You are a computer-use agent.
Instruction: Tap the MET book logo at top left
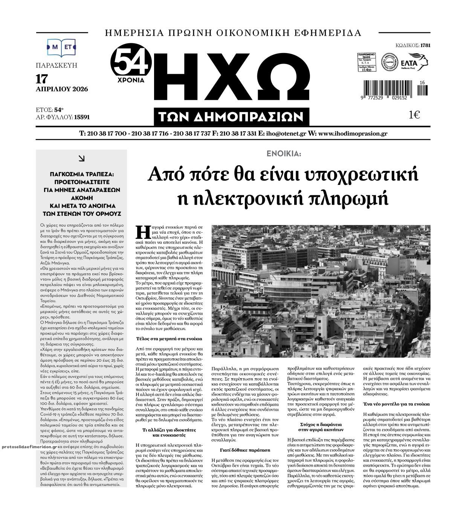click(x=61, y=47)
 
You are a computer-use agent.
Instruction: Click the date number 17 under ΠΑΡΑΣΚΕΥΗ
click(x=42, y=79)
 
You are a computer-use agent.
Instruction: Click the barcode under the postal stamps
click(x=388, y=89)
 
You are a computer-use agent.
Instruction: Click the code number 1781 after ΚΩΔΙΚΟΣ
click(x=425, y=46)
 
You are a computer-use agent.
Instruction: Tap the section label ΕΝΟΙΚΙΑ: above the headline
click(x=283, y=154)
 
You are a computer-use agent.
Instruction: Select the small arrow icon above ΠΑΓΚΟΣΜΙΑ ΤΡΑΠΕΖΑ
click(x=81, y=159)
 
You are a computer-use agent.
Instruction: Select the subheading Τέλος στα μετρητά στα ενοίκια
click(x=169, y=339)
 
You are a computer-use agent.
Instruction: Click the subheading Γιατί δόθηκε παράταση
click(x=245, y=450)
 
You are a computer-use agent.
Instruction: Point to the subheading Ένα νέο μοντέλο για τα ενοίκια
click(x=395, y=404)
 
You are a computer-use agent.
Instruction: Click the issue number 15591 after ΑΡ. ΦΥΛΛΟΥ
click(x=82, y=117)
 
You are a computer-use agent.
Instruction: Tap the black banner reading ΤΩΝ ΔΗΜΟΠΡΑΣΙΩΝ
click(x=231, y=117)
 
